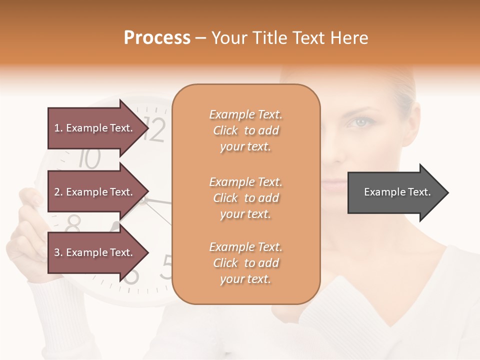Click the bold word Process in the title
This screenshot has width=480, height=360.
(157, 38)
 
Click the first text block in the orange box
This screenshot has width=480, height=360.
(245, 130)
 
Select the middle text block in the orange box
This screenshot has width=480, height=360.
(245, 198)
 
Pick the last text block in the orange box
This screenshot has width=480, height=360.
(245, 263)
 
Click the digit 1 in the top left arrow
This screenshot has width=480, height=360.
(57, 128)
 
